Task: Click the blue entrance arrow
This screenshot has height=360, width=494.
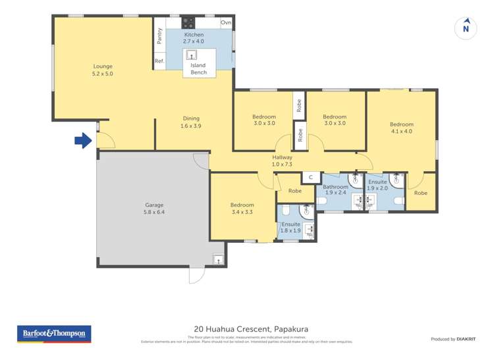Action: [82, 140]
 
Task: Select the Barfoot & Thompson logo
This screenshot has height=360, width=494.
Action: [54, 334]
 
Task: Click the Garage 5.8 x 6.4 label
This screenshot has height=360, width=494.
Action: [153, 209]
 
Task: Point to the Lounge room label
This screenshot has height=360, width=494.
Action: [103, 70]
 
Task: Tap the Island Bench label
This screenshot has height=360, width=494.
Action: [198, 69]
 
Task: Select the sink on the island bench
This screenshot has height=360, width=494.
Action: [192, 55]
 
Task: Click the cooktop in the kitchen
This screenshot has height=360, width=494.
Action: [187, 22]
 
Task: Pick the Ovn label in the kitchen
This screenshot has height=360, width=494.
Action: [226, 22]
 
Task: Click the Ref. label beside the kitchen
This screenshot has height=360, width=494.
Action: [159, 61]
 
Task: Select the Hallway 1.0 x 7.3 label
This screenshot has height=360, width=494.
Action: [282, 161]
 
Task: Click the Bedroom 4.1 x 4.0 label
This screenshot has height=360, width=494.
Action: [401, 128]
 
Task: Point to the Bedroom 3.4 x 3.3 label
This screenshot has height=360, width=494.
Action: [242, 208]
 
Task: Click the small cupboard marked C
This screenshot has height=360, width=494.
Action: [310, 177]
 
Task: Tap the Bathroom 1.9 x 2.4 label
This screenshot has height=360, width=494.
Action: [335, 190]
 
